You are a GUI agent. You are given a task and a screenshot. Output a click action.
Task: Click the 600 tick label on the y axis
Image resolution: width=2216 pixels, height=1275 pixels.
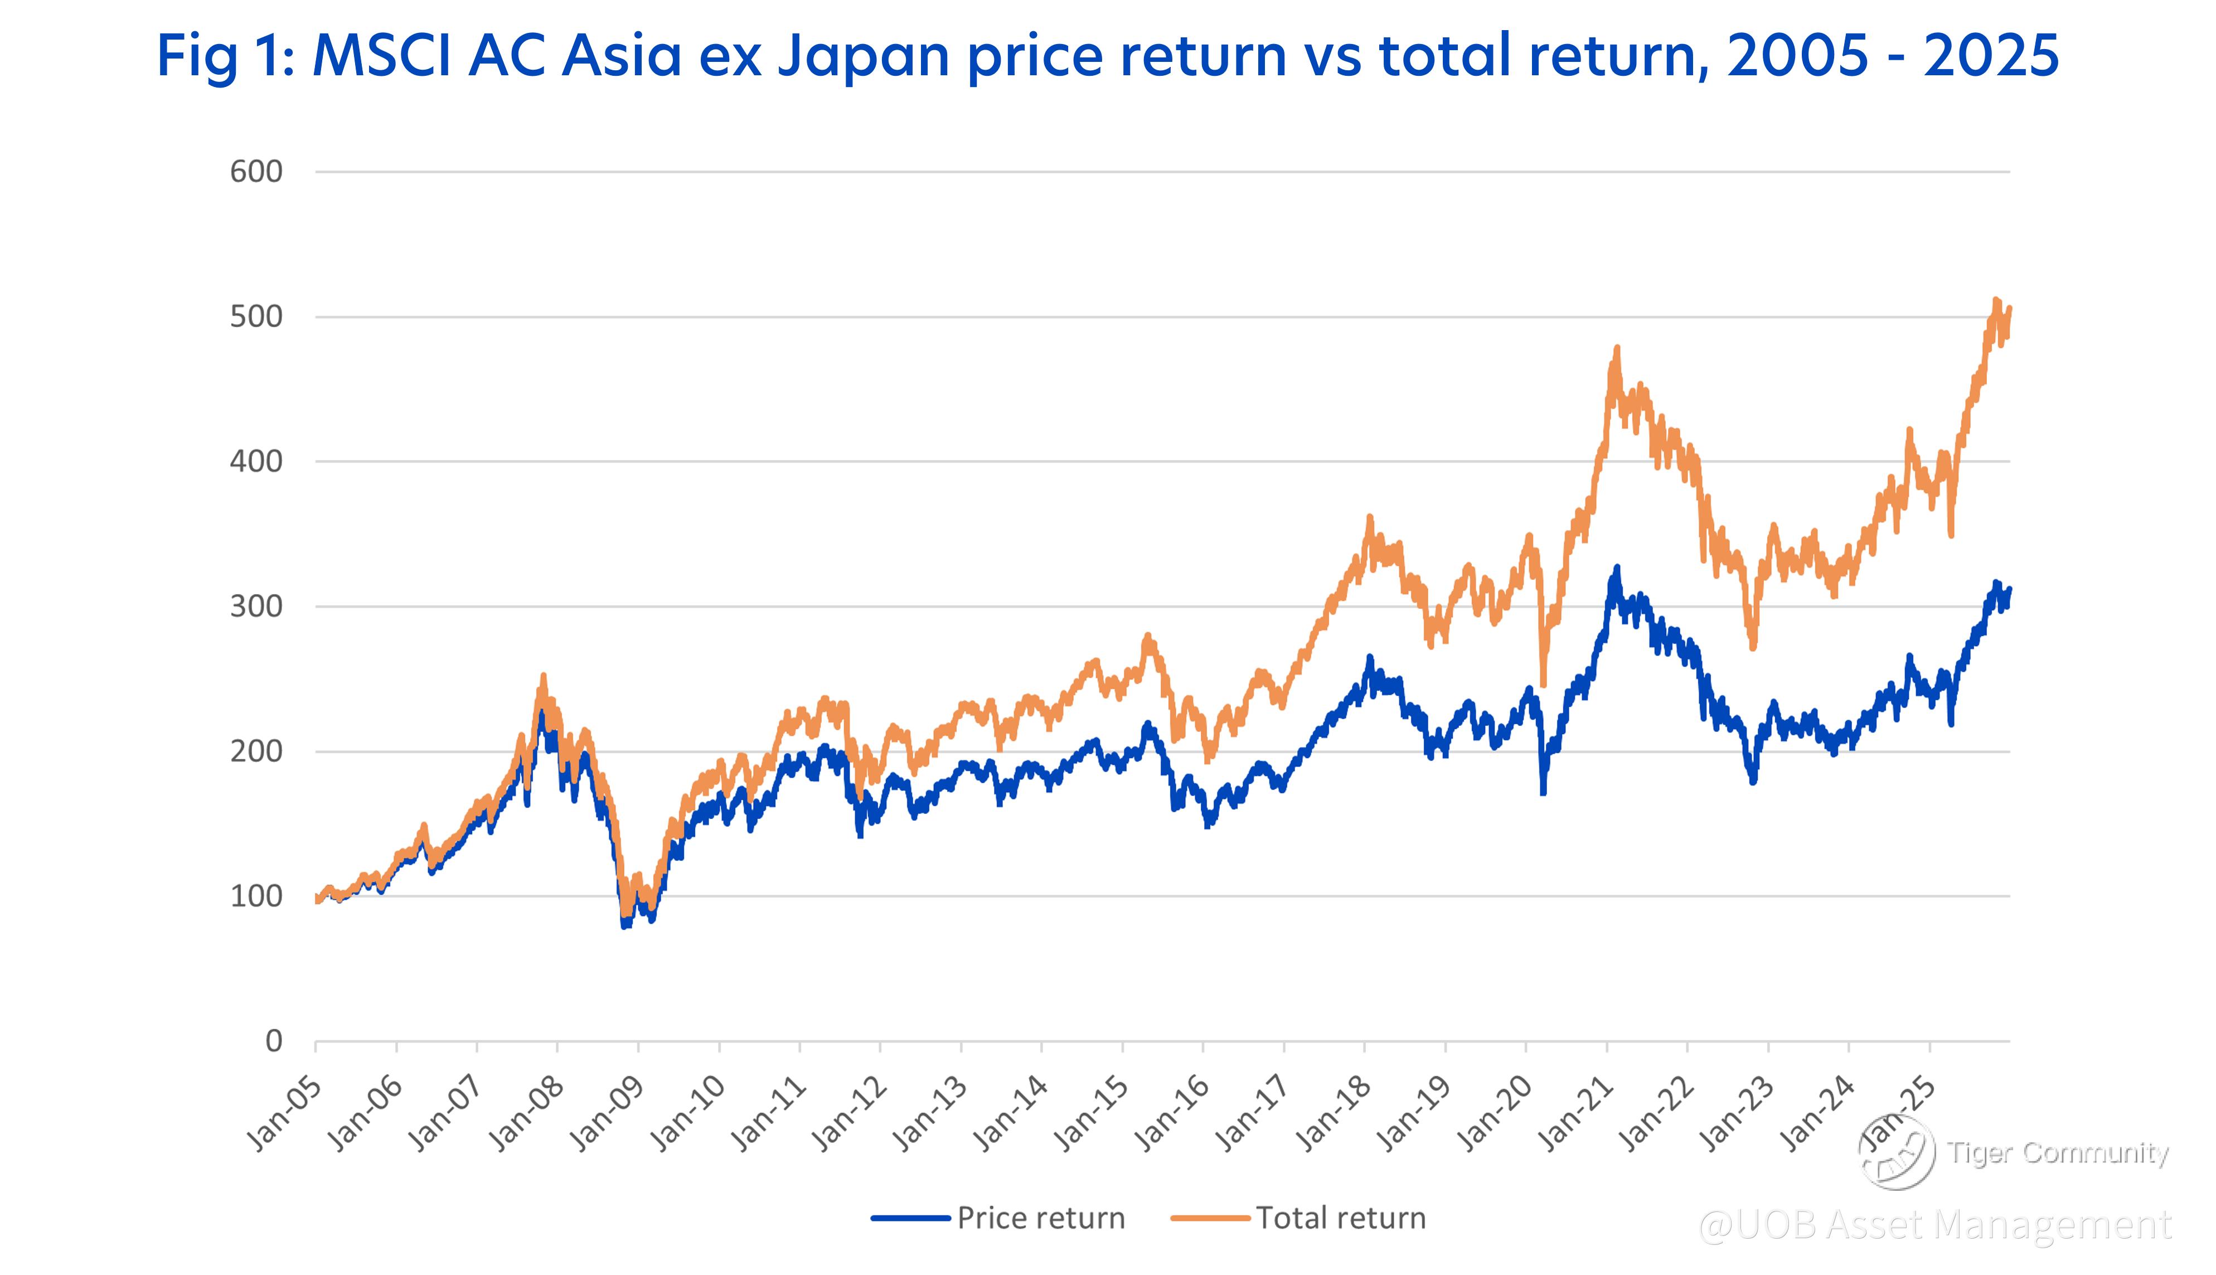(x=256, y=172)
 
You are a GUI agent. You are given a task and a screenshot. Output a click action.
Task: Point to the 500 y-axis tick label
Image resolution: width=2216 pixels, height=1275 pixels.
(x=256, y=317)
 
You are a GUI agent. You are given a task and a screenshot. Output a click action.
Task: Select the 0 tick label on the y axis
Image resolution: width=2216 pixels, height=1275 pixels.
(x=273, y=1041)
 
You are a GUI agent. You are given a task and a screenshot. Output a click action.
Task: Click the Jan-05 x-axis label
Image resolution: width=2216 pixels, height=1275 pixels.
(x=284, y=1113)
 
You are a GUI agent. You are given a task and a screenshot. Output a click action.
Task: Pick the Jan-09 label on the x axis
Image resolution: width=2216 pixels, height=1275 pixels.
(x=607, y=1113)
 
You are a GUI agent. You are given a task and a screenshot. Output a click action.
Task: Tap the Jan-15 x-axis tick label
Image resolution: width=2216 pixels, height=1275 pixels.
(x=1091, y=1113)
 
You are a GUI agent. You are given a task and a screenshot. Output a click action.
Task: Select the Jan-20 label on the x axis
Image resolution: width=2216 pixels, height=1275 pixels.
(x=1495, y=1113)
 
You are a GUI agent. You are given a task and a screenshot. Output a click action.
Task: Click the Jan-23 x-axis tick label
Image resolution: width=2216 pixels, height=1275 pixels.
(x=1737, y=1113)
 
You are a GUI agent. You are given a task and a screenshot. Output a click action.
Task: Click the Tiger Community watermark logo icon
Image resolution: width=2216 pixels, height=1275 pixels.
(x=1897, y=1152)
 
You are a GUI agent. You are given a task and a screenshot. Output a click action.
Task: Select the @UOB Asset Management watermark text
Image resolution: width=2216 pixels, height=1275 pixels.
(x=1935, y=1225)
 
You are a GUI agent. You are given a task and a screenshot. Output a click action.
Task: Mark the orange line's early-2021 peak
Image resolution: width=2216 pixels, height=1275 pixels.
(x=1616, y=348)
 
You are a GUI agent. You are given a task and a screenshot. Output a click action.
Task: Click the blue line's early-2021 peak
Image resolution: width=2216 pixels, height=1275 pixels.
(x=1616, y=568)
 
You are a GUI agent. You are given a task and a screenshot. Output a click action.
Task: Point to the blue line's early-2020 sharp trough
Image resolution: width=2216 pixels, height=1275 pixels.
(x=1543, y=793)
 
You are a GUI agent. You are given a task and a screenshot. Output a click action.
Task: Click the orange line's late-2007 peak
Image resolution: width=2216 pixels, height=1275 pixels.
(x=543, y=676)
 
